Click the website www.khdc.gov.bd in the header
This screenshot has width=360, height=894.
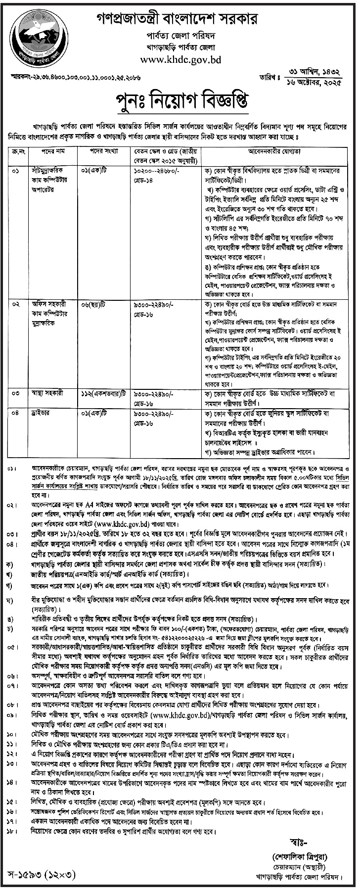(x=180, y=61)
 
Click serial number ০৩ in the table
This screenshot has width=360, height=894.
(x=16, y=395)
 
